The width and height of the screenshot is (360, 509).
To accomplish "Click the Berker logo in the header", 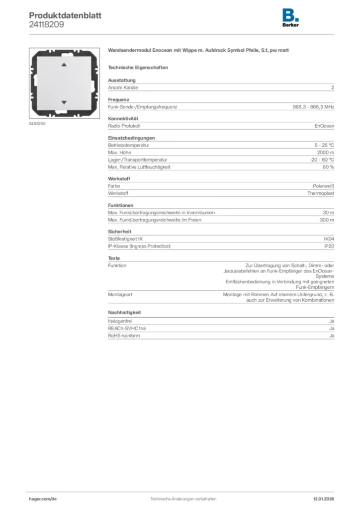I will pos(290,18).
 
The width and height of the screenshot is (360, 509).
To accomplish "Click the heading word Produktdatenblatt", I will pos(65,15).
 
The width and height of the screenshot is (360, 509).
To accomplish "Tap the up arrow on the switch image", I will pos(63,65).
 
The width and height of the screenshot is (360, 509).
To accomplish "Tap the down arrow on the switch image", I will pos(63,102).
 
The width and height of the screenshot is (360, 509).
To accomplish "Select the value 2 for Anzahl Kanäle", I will pos(332,87).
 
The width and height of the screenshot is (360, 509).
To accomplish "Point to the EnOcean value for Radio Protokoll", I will pos(324,126).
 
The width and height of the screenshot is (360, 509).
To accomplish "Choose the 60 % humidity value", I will pos(328,167).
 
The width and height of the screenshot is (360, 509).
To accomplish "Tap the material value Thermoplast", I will pos(320,193).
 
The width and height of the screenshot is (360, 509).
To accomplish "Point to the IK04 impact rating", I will pos(329,239).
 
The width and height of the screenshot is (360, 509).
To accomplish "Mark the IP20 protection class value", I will pos(329,246).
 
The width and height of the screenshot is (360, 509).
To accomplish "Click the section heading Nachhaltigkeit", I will pos(125,312).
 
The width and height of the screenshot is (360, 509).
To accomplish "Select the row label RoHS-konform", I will pos(124,336).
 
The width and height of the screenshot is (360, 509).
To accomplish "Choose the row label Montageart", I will pos(120,294).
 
